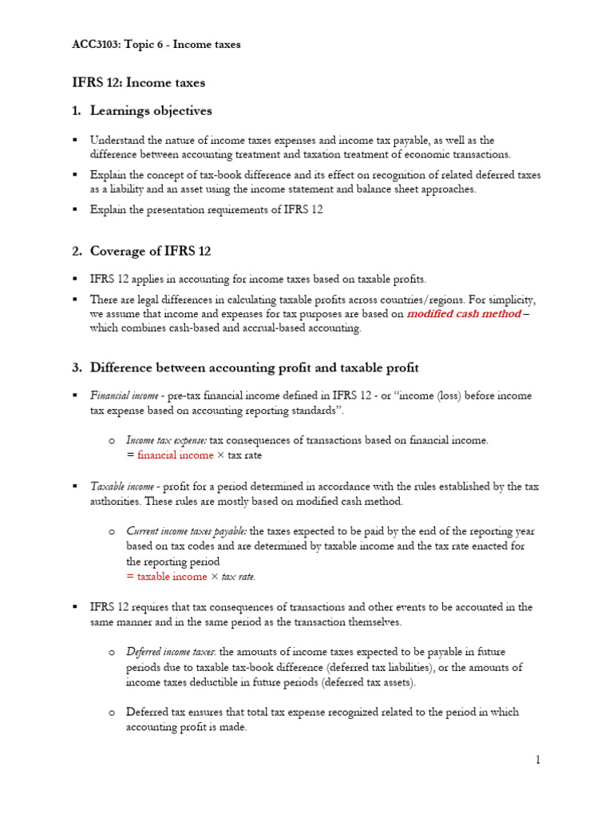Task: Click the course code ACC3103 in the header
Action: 97,45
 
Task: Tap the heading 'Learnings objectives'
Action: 151,111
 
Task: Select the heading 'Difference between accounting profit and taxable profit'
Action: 254,367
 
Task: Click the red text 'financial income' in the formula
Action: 176,455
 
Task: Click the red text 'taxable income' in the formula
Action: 172,577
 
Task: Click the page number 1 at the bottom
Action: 538,760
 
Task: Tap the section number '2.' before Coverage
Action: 77,251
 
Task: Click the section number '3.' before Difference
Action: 77,367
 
